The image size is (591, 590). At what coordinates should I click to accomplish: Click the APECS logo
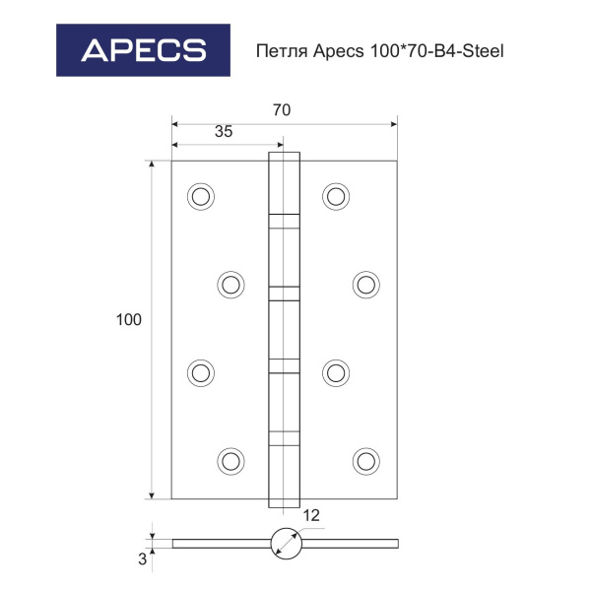click(x=143, y=50)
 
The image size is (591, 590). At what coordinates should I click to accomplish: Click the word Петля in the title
click(x=283, y=51)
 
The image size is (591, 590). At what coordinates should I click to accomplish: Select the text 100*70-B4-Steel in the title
click(x=437, y=50)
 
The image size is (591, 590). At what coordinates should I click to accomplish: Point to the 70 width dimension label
click(x=282, y=110)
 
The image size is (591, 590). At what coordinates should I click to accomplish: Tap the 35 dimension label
click(x=224, y=132)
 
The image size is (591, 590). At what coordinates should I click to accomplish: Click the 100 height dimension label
click(x=129, y=320)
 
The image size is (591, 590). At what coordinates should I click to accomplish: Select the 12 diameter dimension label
click(x=311, y=515)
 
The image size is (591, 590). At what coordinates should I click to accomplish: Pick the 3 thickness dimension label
click(x=142, y=559)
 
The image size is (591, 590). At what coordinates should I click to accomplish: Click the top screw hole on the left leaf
click(x=201, y=196)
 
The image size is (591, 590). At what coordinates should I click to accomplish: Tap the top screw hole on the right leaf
click(x=336, y=196)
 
